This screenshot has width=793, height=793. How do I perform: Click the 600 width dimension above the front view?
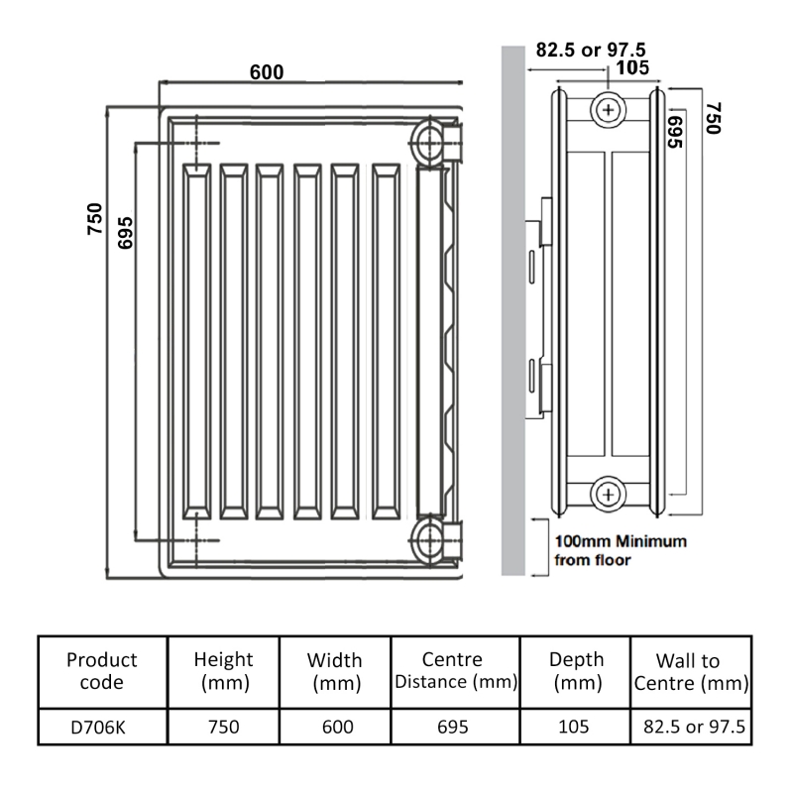coord(266,71)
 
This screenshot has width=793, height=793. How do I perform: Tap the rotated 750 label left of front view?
coord(95,217)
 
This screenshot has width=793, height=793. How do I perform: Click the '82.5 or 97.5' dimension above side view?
coord(591,50)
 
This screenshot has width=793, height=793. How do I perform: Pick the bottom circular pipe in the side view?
coord(607,493)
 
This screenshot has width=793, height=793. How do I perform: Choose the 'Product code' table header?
coord(102,671)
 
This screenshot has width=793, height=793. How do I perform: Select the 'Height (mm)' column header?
coord(223,671)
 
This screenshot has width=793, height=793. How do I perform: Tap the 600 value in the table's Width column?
coord(336,728)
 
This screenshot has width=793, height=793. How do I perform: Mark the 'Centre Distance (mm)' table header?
coord(452,671)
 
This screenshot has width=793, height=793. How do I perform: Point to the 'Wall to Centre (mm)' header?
coord(690,672)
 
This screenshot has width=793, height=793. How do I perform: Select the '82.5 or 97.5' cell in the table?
coord(690,728)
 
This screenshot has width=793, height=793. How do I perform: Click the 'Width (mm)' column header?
coord(336,671)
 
